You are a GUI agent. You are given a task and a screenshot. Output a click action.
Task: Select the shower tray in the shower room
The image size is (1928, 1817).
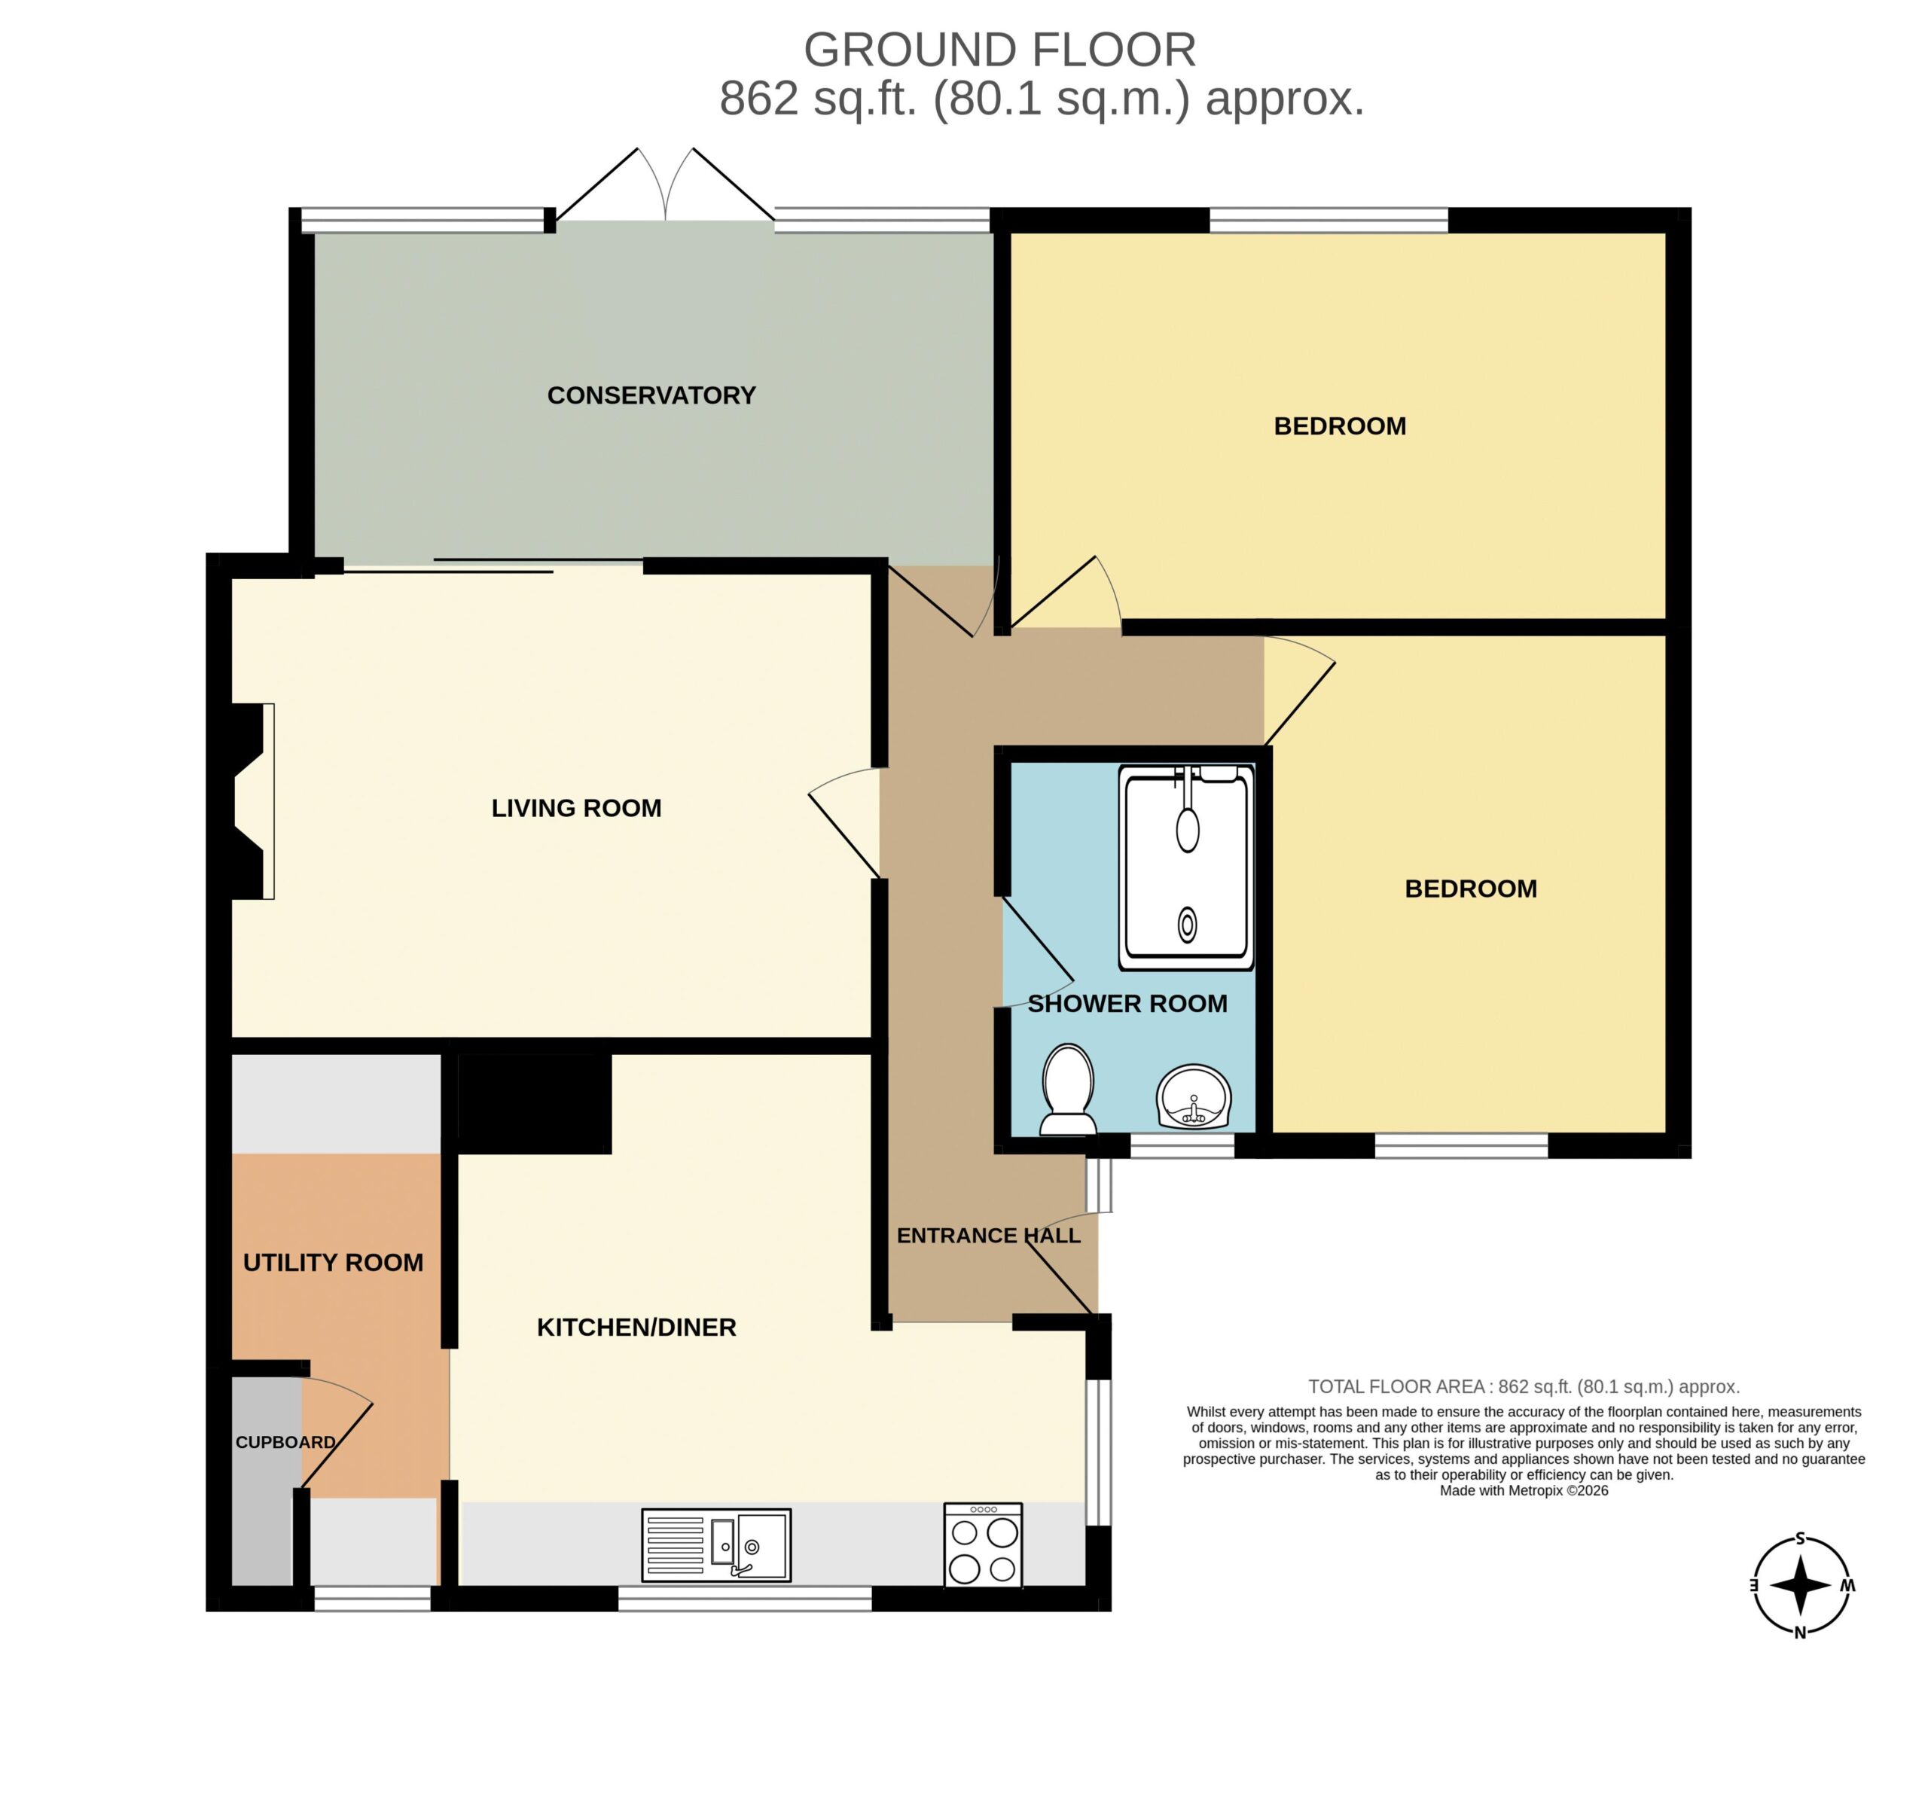(1186, 867)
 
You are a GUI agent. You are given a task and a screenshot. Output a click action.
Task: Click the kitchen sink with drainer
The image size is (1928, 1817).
(717, 1544)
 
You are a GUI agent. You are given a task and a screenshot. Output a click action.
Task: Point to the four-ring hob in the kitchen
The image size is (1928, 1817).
(984, 1544)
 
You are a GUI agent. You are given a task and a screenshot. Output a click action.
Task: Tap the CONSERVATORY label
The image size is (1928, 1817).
(651, 395)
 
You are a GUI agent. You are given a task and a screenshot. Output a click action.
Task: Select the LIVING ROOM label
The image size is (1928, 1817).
(576, 808)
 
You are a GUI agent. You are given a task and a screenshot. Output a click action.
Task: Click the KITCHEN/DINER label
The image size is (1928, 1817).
(636, 1328)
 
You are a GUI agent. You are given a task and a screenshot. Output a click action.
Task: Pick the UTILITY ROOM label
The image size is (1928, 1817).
(333, 1262)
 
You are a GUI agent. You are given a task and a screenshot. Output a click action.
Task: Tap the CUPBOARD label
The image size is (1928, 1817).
(285, 1442)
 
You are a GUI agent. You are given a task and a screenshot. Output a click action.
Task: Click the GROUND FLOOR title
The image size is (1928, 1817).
(1000, 50)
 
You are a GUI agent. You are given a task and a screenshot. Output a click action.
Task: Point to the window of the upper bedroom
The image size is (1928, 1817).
(1329, 220)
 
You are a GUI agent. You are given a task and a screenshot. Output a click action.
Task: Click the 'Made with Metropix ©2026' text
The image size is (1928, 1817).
(1524, 1490)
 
